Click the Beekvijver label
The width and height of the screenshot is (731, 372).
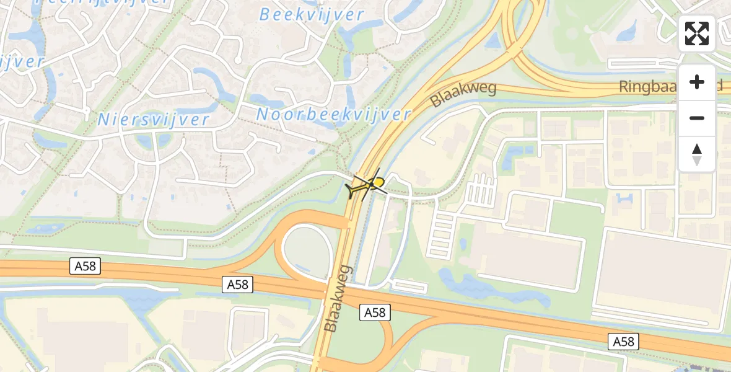click(x=311, y=14)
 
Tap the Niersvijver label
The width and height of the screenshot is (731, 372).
click(x=154, y=119)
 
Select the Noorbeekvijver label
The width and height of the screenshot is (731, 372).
click(x=333, y=114)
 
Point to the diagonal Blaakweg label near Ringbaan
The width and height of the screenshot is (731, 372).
click(x=464, y=94)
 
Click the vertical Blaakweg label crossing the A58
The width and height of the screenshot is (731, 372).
click(x=338, y=298)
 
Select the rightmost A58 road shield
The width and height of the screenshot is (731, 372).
click(x=623, y=341)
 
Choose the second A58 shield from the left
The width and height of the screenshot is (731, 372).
click(x=238, y=285)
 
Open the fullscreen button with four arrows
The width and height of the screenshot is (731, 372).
click(x=697, y=33)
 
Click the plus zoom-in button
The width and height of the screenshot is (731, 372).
click(x=697, y=82)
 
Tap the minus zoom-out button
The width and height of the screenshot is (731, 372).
click(x=697, y=118)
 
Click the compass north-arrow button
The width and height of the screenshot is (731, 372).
click(x=697, y=154)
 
